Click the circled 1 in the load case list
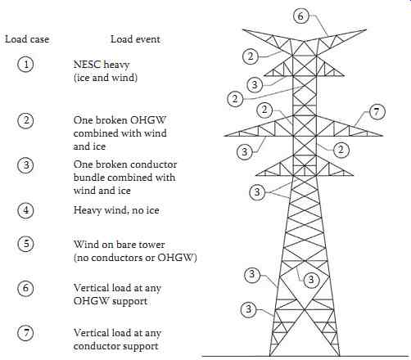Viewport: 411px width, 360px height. (25, 65)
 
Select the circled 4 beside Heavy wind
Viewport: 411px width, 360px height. (25, 210)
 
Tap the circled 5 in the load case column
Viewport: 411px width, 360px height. (25, 244)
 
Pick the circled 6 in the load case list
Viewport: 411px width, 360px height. (25, 288)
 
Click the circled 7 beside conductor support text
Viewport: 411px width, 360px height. (25, 333)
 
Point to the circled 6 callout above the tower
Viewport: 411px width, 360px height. (300, 16)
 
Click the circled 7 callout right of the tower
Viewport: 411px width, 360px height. (377, 112)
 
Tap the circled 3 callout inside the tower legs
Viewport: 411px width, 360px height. (311, 280)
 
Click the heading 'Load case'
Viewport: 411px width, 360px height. (27, 39)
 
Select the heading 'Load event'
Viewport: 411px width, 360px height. (135, 39)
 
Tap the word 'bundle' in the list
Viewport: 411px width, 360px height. (88, 178)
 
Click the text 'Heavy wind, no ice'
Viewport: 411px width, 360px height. (116, 210)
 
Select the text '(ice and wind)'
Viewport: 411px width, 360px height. (106, 78)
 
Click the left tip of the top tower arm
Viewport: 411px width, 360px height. (242, 29)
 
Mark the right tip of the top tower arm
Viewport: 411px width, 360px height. (367, 29)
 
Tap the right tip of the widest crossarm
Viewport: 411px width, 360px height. (383, 136)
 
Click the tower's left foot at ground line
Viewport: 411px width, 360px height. (270, 356)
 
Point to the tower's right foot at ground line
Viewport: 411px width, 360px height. (340, 356)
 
